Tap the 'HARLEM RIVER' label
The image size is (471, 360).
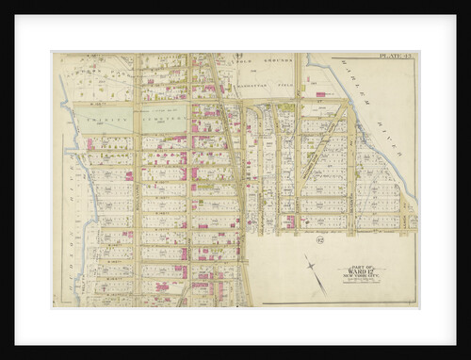[x=386, y=123]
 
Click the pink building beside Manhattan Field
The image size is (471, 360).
[x=320, y=94]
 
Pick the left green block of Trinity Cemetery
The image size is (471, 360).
[x=104, y=116]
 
